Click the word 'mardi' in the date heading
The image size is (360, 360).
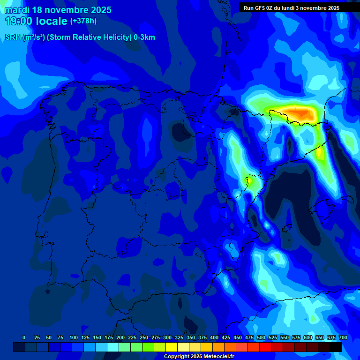17,10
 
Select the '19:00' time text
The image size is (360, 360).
19,21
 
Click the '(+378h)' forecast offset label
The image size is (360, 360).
83,21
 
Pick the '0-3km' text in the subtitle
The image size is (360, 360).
144,37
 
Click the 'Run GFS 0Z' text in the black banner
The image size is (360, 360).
257,8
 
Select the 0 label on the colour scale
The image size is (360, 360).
24,337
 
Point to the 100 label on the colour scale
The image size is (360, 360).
73,337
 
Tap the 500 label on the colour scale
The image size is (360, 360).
261,337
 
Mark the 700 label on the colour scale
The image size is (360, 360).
343,337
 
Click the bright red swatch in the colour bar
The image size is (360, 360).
265,347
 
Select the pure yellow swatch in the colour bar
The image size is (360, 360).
172,347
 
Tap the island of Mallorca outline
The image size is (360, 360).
323,205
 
